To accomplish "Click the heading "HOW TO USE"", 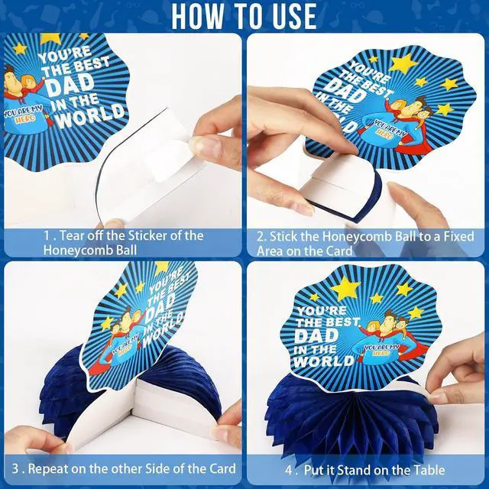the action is click(x=244, y=15).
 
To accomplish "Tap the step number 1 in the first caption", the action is click(x=47, y=235).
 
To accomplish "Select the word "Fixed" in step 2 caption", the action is click(x=458, y=236).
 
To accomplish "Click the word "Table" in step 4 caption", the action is click(x=429, y=470).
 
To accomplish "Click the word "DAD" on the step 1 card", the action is click(x=70, y=85).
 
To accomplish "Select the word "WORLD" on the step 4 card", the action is click(x=324, y=361).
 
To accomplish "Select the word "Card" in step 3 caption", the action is click(x=222, y=468).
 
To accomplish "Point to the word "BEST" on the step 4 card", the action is click(x=341, y=322).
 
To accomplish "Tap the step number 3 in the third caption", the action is click(x=15, y=468).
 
